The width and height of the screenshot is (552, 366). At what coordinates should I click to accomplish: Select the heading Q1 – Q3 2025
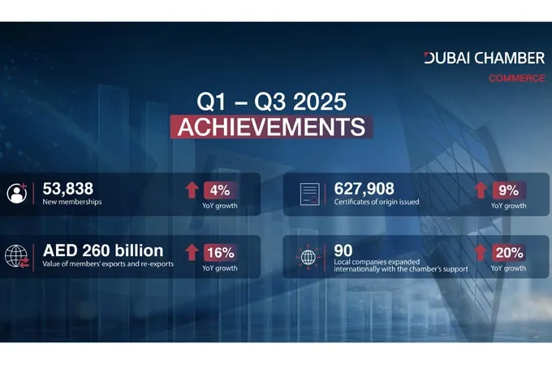click(273, 103)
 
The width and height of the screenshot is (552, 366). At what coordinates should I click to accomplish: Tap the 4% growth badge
click(218, 190)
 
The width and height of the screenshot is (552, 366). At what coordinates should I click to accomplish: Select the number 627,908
click(364, 189)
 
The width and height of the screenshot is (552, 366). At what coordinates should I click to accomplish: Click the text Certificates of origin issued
click(377, 203)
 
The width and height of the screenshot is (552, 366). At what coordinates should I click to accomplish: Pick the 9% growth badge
click(507, 190)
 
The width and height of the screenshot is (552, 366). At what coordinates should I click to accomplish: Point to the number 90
click(343, 251)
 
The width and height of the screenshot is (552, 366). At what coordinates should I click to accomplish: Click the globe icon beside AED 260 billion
click(16, 256)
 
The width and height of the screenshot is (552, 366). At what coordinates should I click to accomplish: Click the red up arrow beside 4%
click(192, 190)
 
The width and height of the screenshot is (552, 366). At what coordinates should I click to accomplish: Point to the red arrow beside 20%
click(480, 252)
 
